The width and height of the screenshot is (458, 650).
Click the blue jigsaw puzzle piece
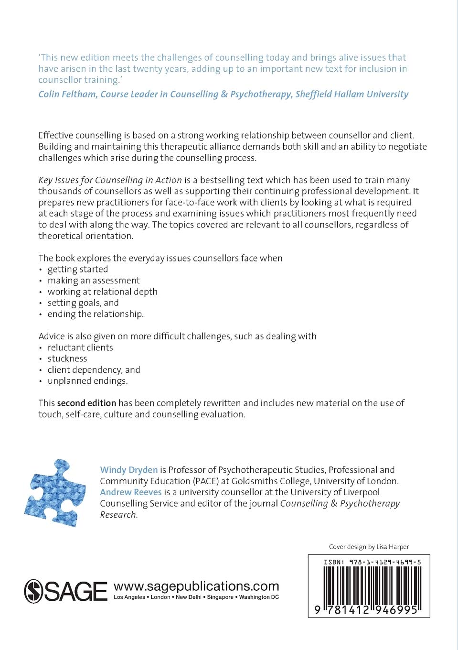pos(55,493)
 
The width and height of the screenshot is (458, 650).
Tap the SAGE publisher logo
pos(66,591)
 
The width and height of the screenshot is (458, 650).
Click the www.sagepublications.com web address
pos(196,586)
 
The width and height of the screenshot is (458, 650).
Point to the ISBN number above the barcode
pos(373,562)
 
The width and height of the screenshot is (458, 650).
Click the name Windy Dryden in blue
pos(128,470)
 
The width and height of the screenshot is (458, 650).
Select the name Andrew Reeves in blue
pos(130,492)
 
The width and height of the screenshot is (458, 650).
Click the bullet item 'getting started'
pos(78,270)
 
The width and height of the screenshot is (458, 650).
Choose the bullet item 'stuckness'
pos(67,358)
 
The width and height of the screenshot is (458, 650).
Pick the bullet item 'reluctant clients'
pos(80,347)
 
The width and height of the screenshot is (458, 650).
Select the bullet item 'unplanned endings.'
pos(88,381)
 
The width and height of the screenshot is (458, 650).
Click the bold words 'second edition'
pos(86,403)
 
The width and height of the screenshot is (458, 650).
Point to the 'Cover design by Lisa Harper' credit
pos(369,547)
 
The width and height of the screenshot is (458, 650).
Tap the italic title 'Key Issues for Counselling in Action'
pos(110,180)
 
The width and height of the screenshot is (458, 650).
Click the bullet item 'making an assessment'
pos(94,281)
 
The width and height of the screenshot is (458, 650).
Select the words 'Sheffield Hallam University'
pos(351,94)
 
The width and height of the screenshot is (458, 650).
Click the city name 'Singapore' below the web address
pos(220,597)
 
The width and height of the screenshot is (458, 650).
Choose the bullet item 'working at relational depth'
pos(102,292)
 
